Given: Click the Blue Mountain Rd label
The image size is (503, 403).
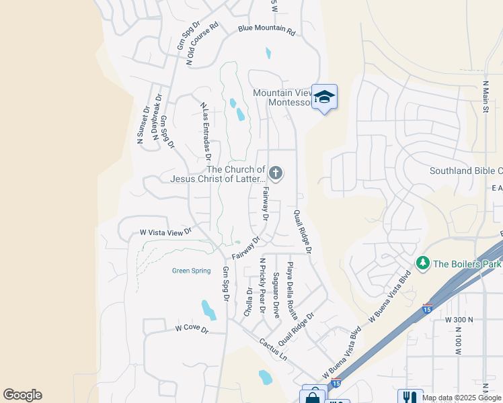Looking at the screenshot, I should pos(267,31).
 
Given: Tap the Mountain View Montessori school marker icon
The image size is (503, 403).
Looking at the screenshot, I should pos(324,97).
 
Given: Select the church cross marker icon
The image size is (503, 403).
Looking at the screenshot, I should pos(275,174).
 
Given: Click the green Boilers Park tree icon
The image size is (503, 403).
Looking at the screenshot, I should pos(423,263).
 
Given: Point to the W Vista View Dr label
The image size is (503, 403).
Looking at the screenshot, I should pos(166,232).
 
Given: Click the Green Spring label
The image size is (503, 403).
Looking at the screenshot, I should pos(191,271).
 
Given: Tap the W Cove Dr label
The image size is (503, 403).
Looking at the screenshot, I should pos(192,328).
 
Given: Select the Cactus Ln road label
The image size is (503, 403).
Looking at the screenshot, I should pos(273,347).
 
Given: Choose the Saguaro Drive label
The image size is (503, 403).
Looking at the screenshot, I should pos(276,295).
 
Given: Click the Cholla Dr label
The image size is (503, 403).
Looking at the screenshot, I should pos(249,302).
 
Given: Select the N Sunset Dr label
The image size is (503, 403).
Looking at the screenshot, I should pos(143,125).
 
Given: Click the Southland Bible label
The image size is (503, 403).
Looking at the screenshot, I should pos(466,171).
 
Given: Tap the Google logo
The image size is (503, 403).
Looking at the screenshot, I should pos(22,395).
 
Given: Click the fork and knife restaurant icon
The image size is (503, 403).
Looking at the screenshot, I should pos(410,396).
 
